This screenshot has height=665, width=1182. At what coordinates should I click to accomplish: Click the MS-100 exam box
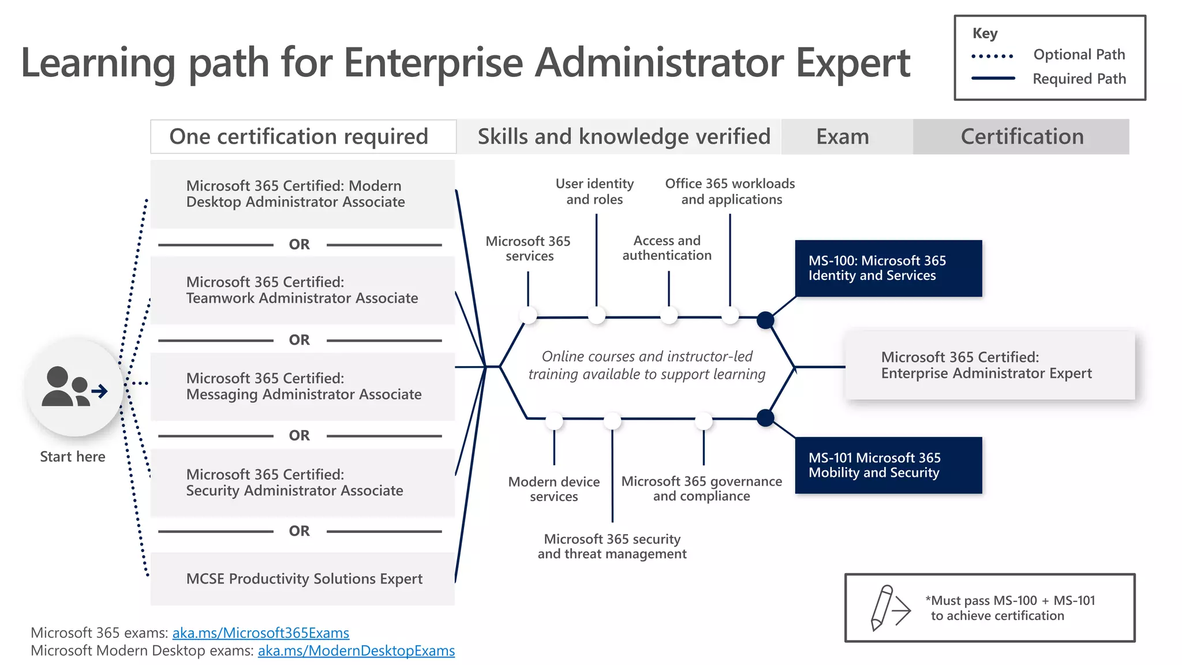[888, 268]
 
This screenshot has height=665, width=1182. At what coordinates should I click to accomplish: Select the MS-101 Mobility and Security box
[888, 465]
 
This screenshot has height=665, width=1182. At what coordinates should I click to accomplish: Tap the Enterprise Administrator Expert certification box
[990, 365]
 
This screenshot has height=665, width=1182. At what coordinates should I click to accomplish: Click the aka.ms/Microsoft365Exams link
[261, 633]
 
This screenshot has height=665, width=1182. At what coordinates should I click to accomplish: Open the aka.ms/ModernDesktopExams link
[356, 651]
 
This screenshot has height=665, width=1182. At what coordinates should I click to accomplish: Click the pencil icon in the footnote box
[882, 607]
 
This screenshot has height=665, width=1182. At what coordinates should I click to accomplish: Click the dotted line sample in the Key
[993, 56]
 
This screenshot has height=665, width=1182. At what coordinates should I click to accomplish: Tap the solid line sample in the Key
[993, 78]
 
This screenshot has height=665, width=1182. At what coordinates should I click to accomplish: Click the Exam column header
[843, 137]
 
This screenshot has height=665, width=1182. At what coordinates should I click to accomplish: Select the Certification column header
[1022, 137]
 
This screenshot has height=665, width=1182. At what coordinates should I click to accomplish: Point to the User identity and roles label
[594, 192]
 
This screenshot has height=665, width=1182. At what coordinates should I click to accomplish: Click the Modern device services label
[553, 489]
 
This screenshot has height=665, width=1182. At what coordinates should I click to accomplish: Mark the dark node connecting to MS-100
[765, 320]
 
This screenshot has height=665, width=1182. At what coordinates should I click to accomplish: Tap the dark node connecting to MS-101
[765, 417]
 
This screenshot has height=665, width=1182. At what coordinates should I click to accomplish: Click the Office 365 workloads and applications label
[730, 192]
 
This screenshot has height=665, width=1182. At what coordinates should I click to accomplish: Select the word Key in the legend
[985, 33]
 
